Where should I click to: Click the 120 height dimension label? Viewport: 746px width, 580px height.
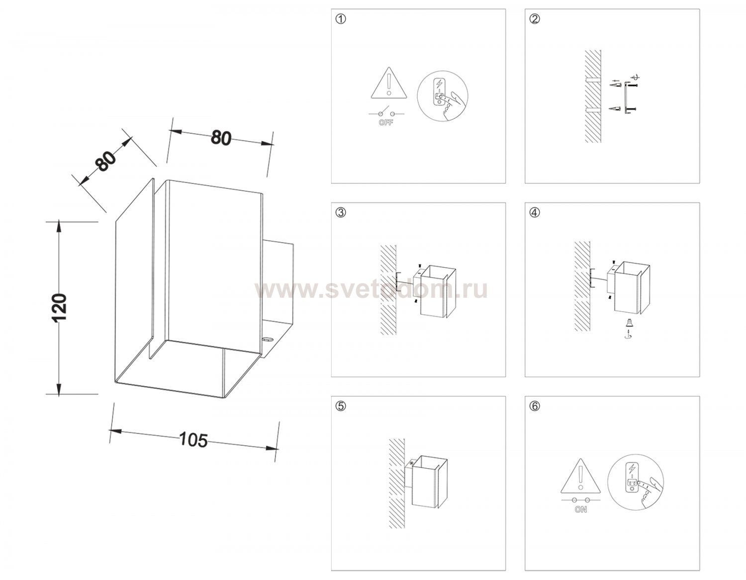pos(59,307)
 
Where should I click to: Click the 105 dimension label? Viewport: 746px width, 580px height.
pos(193,440)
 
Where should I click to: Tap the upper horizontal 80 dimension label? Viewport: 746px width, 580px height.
pos(221,138)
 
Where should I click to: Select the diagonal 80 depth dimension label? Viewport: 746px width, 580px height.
pos(106,161)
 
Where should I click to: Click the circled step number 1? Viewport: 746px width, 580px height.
pos(341,19)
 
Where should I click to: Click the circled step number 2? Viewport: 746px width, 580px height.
pos(535,19)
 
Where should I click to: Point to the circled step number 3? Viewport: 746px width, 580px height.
pos(341,213)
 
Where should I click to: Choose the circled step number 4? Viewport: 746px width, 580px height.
pos(535,213)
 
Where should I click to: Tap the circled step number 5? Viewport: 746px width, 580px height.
pos(341,407)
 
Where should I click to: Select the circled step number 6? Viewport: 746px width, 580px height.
pos(535,407)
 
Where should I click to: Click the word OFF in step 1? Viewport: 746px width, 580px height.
pos(386,122)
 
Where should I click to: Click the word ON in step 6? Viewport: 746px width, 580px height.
pos(580,510)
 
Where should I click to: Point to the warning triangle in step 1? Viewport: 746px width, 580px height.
pos(388,83)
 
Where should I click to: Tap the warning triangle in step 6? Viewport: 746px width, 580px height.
pos(580,476)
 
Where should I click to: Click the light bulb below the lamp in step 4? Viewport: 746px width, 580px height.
pos(628,323)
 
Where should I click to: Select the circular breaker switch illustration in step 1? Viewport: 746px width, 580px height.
pos(442,96)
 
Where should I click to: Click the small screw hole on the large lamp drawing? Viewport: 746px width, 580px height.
pos(267,340)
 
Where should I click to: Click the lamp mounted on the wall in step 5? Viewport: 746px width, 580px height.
pos(426,482)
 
